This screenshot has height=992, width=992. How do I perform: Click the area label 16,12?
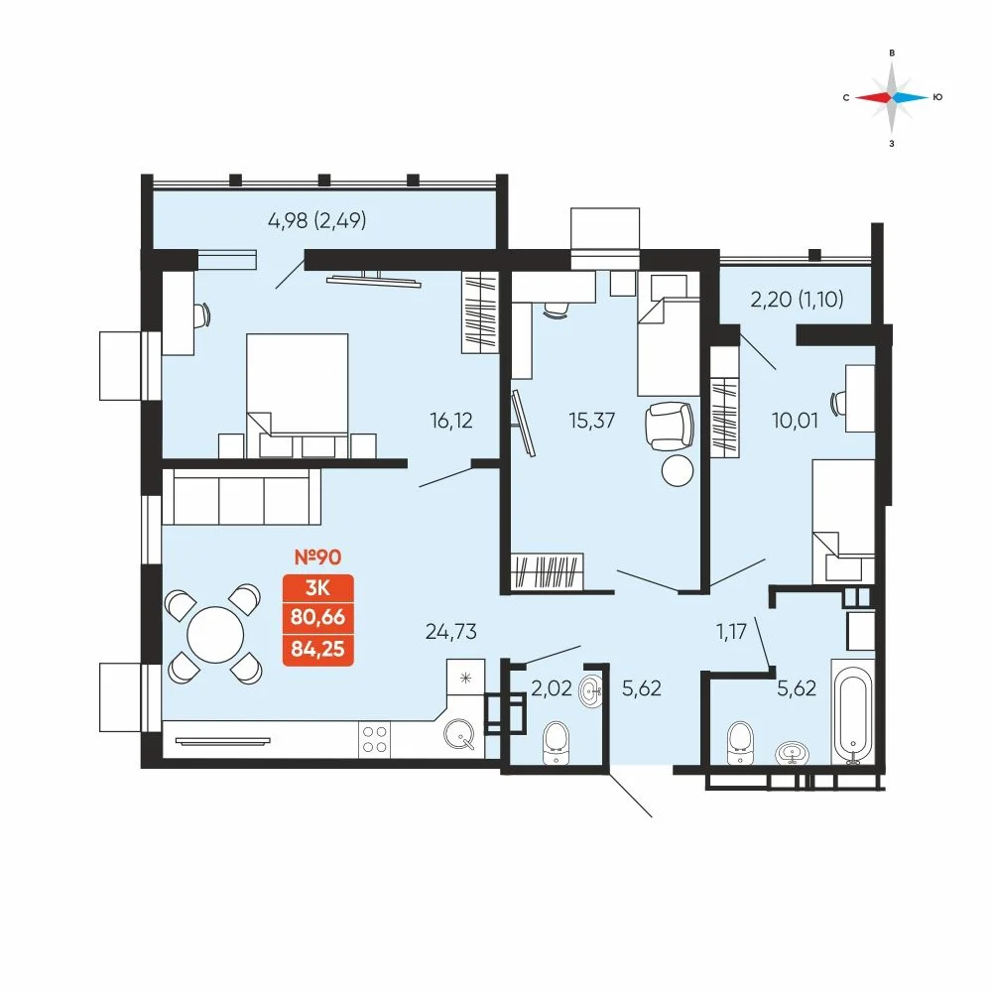tap(452, 420)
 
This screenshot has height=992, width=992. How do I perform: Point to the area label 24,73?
tap(445, 631)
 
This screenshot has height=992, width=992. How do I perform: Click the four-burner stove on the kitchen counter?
tap(374, 738)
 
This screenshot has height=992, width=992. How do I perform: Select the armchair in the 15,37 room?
tap(669, 426)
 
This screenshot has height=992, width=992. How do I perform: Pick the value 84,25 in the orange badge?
tap(319, 649)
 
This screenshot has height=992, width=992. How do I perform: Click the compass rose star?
tap(893, 97)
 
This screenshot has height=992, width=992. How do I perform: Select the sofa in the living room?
tap(242, 497)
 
